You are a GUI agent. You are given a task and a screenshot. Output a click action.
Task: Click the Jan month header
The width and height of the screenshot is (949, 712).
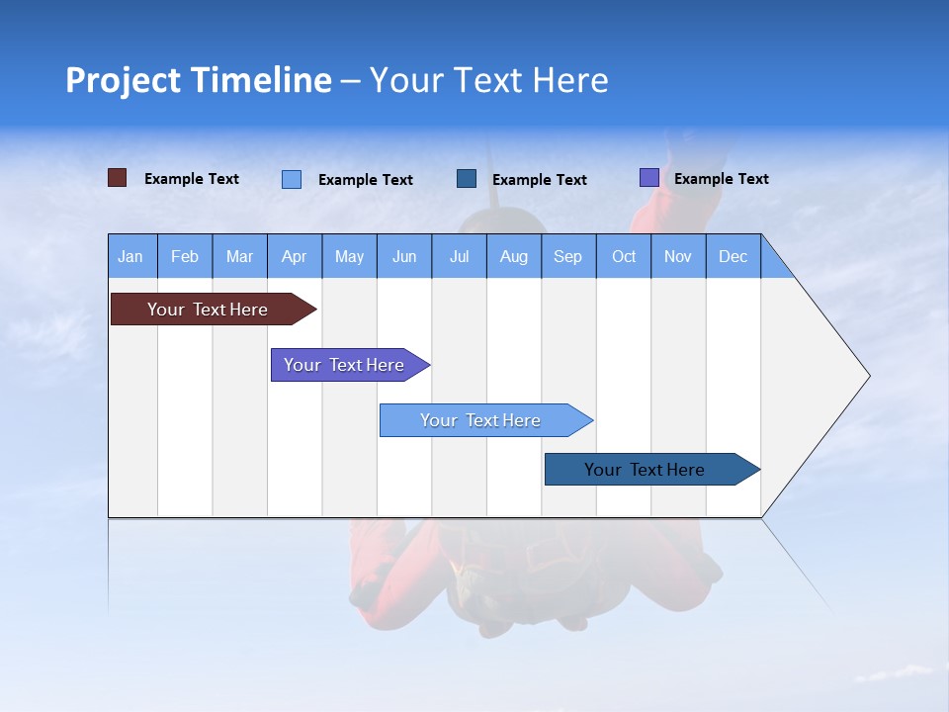(131, 256)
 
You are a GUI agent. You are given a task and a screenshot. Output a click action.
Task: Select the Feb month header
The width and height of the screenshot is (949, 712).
(185, 256)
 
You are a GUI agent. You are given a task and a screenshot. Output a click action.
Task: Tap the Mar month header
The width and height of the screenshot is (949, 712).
(239, 256)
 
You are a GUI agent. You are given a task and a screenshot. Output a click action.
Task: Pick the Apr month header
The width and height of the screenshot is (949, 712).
(295, 256)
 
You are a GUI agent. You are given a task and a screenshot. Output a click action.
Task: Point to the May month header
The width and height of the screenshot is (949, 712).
(349, 256)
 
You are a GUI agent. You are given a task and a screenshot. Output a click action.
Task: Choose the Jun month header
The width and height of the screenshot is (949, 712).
(404, 256)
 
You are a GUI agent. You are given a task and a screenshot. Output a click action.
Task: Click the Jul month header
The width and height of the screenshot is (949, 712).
(459, 256)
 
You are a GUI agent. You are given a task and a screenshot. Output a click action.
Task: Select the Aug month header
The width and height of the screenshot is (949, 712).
(514, 256)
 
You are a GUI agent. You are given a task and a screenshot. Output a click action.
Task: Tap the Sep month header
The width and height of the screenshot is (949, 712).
(568, 256)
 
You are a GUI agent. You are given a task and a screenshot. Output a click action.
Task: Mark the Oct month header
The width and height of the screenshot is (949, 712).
(624, 256)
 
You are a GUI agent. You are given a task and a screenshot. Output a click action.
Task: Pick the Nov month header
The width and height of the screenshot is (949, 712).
(678, 256)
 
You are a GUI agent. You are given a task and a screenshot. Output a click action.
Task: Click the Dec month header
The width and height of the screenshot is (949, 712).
(733, 256)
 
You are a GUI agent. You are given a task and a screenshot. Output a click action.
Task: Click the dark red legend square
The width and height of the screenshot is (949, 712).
(117, 178)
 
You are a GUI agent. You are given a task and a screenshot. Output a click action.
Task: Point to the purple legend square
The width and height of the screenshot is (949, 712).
(649, 178)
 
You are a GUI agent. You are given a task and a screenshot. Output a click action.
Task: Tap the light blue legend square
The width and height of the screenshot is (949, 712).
(292, 179)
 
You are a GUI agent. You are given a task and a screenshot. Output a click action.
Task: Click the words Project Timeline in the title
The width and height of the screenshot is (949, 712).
(199, 80)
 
